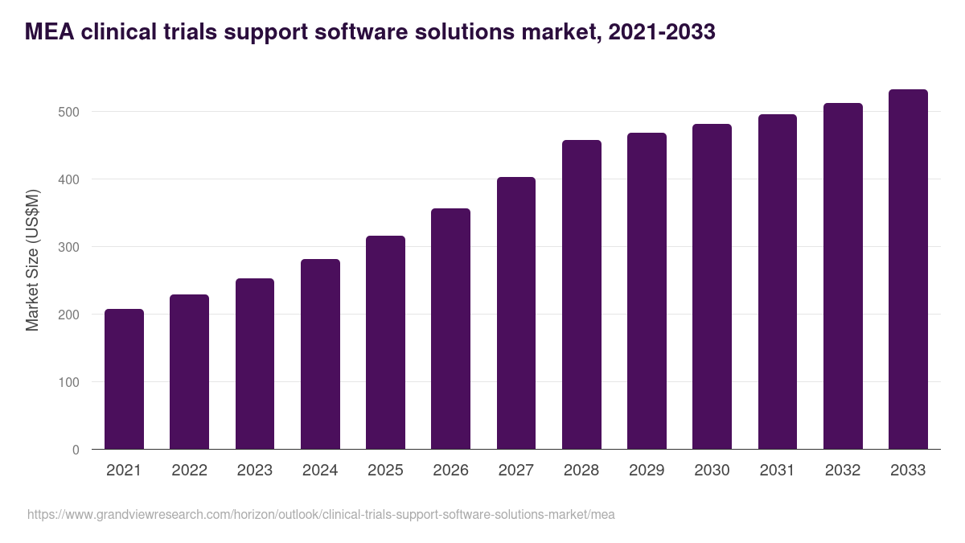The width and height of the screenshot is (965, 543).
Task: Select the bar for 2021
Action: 124,379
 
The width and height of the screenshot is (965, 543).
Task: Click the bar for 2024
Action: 320,354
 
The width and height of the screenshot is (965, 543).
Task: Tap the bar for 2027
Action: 516,313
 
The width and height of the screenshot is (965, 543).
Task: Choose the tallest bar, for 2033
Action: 908,269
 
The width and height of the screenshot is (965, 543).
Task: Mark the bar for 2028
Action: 581,294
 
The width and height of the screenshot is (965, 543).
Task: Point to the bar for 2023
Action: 255,364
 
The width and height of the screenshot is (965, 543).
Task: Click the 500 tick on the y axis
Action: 70,112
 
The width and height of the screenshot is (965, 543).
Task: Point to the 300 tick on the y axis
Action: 70,247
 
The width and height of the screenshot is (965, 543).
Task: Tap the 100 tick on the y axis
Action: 70,382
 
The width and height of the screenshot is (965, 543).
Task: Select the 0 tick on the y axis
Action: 76,450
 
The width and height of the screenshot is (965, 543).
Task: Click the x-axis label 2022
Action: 189,471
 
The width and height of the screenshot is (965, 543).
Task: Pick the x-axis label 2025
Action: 385,471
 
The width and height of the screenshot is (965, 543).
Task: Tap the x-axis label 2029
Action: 647,471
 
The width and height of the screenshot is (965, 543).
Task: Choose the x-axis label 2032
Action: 843,471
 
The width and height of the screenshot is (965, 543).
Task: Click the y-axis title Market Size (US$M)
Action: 32,259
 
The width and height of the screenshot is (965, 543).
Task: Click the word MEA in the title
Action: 48,32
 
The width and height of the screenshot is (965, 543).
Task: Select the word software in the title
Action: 367,32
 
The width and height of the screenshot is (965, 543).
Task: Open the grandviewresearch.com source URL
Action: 321,514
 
